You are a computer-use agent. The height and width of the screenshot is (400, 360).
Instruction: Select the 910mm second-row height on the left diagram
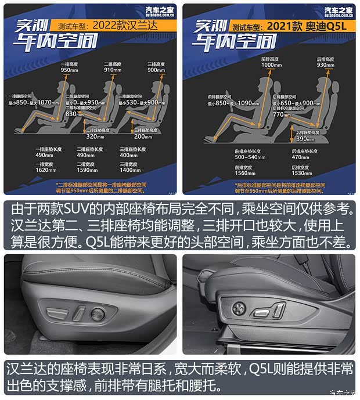(112, 70)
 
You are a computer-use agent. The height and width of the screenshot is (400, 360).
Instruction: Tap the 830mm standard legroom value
(75, 114)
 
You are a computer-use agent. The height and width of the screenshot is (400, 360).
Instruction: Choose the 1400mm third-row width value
(129, 171)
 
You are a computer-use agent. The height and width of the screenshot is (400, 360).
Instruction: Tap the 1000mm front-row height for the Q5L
(271, 65)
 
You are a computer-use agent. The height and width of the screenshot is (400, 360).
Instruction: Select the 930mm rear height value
(325, 65)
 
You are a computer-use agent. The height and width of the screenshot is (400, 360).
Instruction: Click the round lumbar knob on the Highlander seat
(98, 315)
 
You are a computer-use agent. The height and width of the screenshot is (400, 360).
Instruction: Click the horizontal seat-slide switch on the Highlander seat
(58, 314)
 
